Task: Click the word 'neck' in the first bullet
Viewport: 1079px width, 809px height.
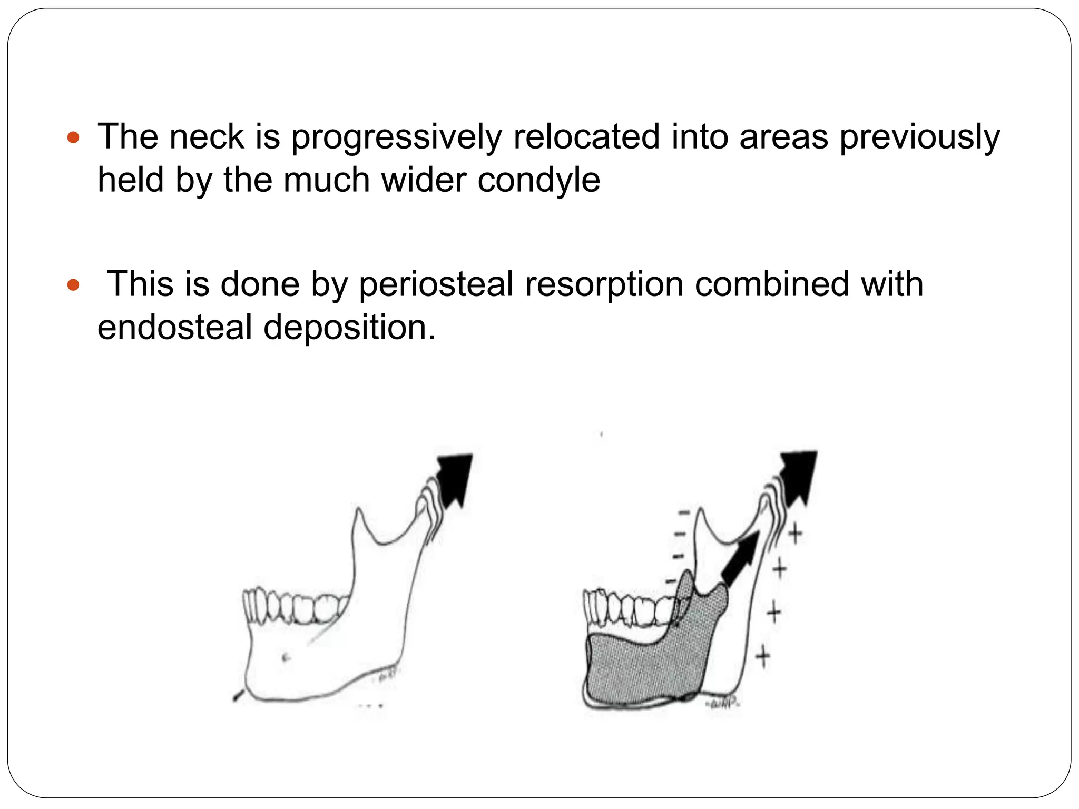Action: pos(207,136)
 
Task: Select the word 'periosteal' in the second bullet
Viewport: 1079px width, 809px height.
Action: pos(436,284)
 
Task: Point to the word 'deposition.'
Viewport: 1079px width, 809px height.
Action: pos(350,327)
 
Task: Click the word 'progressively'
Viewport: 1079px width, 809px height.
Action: pos(396,136)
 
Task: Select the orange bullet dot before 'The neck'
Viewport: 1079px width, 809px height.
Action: pos(73,139)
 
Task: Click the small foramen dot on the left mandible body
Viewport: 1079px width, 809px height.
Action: pos(286,656)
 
